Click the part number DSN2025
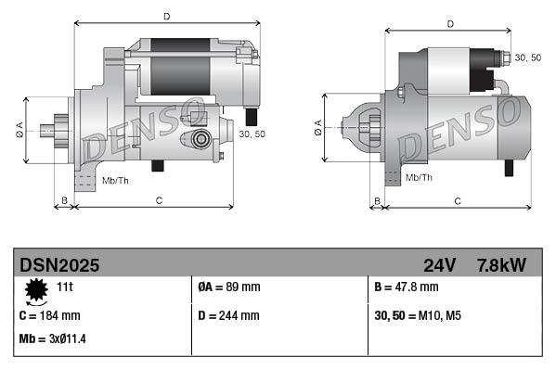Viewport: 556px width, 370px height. pyautogui.click(x=59, y=265)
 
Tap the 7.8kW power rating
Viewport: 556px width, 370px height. pyautogui.click(x=501, y=265)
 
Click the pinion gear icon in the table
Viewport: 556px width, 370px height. pyautogui.click(x=36, y=290)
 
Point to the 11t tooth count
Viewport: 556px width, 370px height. pyautogui.click(x=65, y=287)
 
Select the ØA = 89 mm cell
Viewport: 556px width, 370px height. pyautogui.click(x=229, y=287)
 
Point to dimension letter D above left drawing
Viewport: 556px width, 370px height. pyautogui.click(x=166, y=16)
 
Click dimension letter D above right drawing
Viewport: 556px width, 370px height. pyautogui.click(x=449, y=24)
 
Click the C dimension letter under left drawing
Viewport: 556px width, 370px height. pyautogui.click(x=159, y=200)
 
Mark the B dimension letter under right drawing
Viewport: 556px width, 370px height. pyautogui.click(x=376, y=200)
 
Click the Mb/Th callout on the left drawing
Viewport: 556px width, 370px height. pyautogui.click(x=115, y=179)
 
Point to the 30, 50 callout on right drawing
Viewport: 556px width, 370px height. pyautogui.click(x=528, y=57)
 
